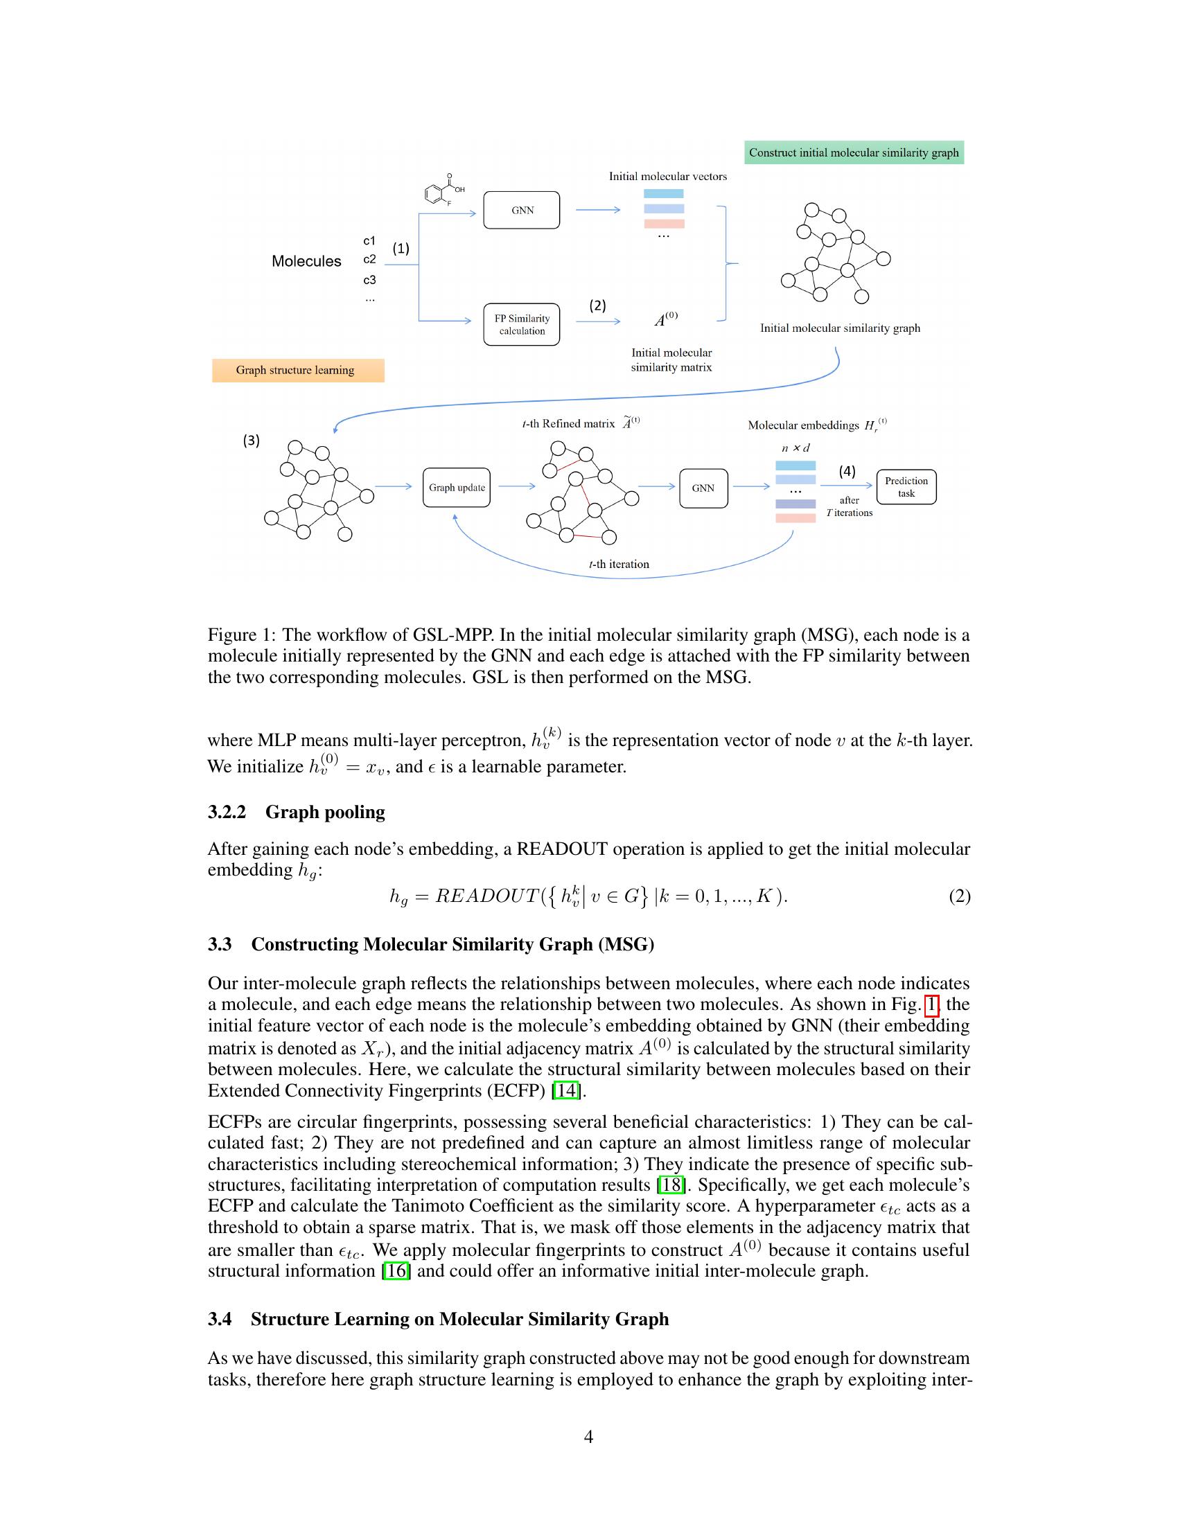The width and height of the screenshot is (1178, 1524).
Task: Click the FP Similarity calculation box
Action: (x=521, y=324)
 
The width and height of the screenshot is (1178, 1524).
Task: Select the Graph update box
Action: (x=457, y=488)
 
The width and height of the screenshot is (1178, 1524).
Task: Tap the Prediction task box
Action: (x=906, y=487)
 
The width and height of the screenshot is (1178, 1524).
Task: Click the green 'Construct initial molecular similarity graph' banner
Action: (x=854, y=153)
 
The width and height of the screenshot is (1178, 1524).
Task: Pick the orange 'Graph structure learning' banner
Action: (x=297, y=371)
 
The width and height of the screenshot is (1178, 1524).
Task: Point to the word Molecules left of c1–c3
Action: (x=306, y=261)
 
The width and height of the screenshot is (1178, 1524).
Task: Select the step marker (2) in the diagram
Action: (x=597, y=305)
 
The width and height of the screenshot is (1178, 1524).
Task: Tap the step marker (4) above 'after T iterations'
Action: (x=847, y=471)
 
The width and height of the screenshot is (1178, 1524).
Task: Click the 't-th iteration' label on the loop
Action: (x=618, y=565)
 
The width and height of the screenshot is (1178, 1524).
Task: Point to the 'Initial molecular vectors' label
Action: (x=667, y=177)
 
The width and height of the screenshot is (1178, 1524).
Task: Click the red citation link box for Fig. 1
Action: (x=931, y=1005)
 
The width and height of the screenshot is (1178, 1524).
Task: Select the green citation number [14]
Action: (x=566, y=1090)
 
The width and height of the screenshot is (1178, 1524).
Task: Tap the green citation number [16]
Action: (x=396, y=1270)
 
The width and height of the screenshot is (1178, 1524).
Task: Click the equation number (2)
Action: (x=959, y=896)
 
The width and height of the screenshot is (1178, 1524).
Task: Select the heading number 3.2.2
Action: (x=227, y=813)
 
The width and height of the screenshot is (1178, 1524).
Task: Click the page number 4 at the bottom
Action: (x=588, y=1437)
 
